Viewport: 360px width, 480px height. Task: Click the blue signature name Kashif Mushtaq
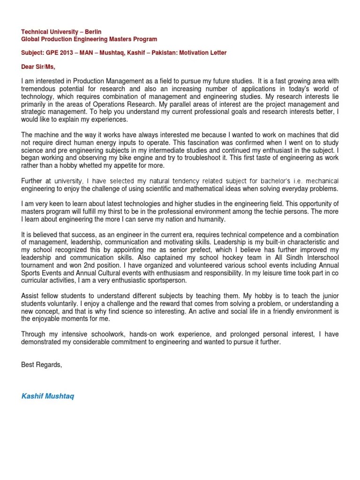click(x=47, y=396)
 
